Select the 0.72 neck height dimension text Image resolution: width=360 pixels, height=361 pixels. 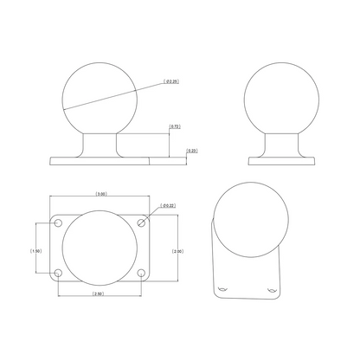coord(174,127)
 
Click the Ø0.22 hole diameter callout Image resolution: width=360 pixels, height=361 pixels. coord(168,206)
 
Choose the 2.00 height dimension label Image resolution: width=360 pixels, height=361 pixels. coord(177,251)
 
